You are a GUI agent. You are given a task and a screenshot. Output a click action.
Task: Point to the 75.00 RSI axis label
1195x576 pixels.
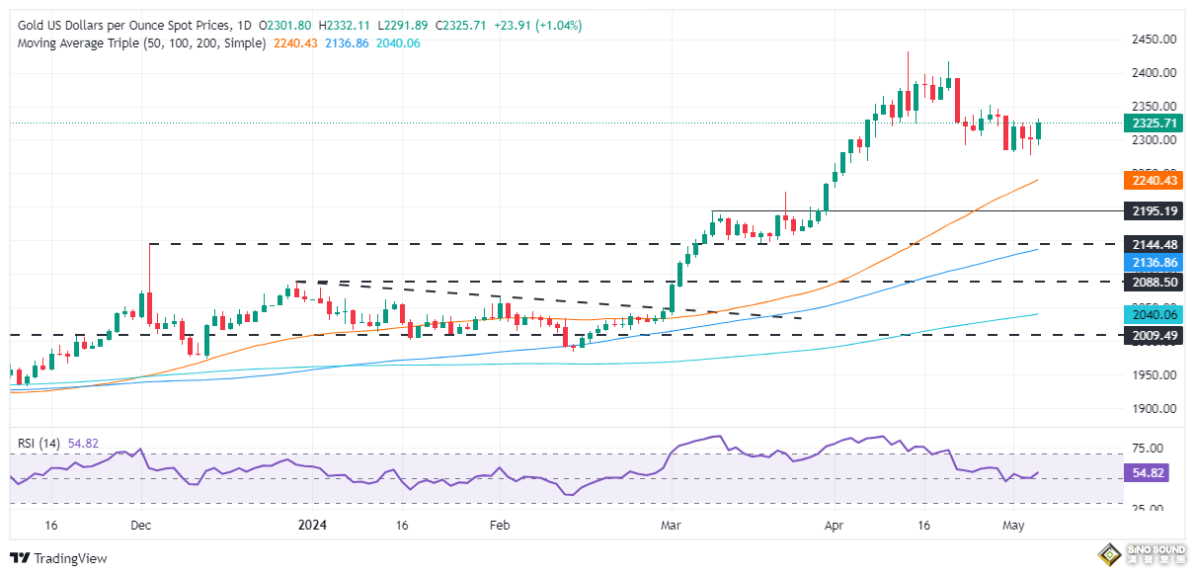click(x=1151, y=447)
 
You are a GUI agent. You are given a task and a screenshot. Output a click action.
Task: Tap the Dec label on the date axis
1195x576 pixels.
click(x=140, y=528)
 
